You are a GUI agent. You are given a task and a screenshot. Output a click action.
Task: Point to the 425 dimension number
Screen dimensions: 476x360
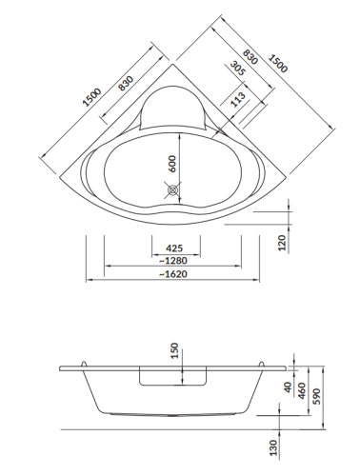pos(173,249)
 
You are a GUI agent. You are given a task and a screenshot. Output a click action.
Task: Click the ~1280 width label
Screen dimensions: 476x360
pos(172,262)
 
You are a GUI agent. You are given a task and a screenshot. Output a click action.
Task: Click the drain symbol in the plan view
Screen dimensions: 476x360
pos(173,191)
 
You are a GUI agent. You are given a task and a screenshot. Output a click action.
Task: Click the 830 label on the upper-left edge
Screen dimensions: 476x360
pos(125,87)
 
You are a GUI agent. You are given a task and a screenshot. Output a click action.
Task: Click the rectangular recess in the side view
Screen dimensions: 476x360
pos(173,378)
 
